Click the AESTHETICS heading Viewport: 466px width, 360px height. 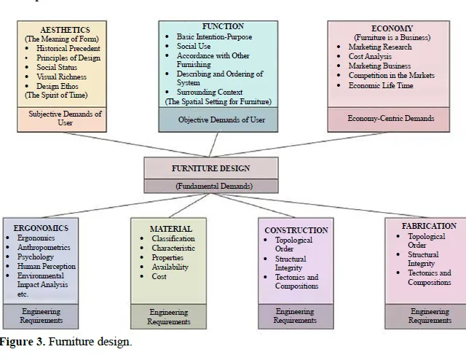[65, 30]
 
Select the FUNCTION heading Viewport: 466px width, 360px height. [223, 26]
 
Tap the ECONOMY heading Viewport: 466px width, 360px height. [392, 28]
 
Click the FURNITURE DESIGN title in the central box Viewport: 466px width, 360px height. [210, 168]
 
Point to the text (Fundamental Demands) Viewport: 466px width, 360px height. [214, 187]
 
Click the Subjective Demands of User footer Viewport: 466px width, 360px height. [65, 118]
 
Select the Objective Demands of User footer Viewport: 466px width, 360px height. [221, 120]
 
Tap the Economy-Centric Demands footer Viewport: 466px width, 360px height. [391, 118]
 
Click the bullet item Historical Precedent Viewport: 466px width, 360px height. [68, 49]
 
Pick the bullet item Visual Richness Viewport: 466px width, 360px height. [61, 77]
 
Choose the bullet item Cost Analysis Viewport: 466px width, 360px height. [370, 57]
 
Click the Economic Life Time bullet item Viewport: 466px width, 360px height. [381, 85]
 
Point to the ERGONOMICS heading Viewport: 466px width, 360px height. [41, 228]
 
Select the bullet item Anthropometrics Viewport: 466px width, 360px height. [44, 247]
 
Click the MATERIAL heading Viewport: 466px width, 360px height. [171, 229]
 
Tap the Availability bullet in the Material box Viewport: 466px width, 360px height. [170, 267]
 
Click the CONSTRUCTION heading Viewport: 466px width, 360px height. [296, 230]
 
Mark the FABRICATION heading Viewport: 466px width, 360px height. [429, 226]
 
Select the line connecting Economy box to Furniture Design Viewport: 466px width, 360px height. [299, 144]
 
